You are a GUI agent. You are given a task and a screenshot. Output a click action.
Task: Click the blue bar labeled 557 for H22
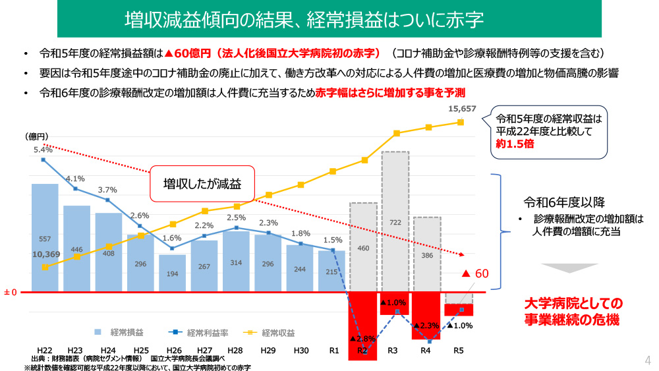(45, 237)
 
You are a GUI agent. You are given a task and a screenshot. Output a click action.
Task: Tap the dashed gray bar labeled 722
(395, 221)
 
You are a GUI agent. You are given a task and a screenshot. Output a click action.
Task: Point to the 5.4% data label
(43, 150)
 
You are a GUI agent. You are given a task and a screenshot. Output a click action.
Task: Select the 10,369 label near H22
(46, 254)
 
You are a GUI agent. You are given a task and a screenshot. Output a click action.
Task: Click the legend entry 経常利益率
(198, 332)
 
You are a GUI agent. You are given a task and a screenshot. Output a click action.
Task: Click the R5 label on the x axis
(459, 350)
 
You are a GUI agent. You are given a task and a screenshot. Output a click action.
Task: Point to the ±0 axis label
(10, 291)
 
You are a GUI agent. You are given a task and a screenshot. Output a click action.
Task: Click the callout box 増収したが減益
(202, 184)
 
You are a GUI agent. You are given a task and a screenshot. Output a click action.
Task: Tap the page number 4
(647, 360)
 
